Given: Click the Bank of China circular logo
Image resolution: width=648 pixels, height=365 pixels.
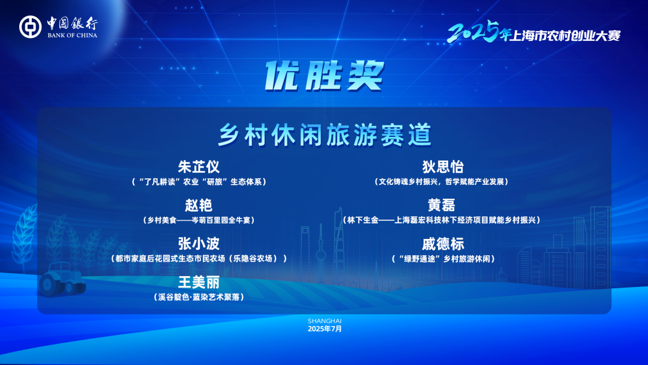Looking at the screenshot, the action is (x=30, y=27).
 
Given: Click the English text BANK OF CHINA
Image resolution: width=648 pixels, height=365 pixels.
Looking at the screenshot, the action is (x=73, y=35).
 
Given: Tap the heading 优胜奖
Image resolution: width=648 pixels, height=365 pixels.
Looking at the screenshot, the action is (x=325, y=76).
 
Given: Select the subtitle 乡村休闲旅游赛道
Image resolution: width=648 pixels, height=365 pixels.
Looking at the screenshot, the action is (x=325, y=134).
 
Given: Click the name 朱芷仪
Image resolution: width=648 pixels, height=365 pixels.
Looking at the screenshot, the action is (x=199, y=166).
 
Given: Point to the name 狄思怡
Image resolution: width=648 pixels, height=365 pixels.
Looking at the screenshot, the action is (x=443, y=166).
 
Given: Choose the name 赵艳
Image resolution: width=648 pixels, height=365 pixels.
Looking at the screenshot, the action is (x=199, y=205).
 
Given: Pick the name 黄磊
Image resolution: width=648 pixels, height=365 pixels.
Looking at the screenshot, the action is (x=442, y=205).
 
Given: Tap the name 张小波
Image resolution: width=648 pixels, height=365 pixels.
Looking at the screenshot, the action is (x=199, y=244).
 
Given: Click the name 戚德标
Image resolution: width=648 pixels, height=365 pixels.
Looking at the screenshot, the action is (x=443, y=244).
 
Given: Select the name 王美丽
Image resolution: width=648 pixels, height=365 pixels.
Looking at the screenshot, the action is (x=199, y=282).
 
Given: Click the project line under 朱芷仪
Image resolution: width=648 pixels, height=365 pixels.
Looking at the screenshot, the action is (x=199, y=182).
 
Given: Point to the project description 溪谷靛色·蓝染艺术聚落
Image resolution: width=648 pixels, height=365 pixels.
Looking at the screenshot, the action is (x=199, y=297).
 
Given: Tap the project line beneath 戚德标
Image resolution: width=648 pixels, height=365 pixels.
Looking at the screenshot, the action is (x=443, y=259).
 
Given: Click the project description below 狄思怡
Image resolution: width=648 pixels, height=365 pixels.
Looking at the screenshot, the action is (x=442, y=182).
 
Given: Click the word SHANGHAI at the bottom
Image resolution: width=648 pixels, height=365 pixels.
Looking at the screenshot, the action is (x=325, y=321).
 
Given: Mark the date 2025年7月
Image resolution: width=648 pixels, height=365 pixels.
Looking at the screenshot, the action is (x=325, y=329).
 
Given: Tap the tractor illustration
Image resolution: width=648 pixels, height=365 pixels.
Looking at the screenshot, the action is (x=62, y=280).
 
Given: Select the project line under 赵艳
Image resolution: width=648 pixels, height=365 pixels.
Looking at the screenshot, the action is (x=199, y=220).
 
